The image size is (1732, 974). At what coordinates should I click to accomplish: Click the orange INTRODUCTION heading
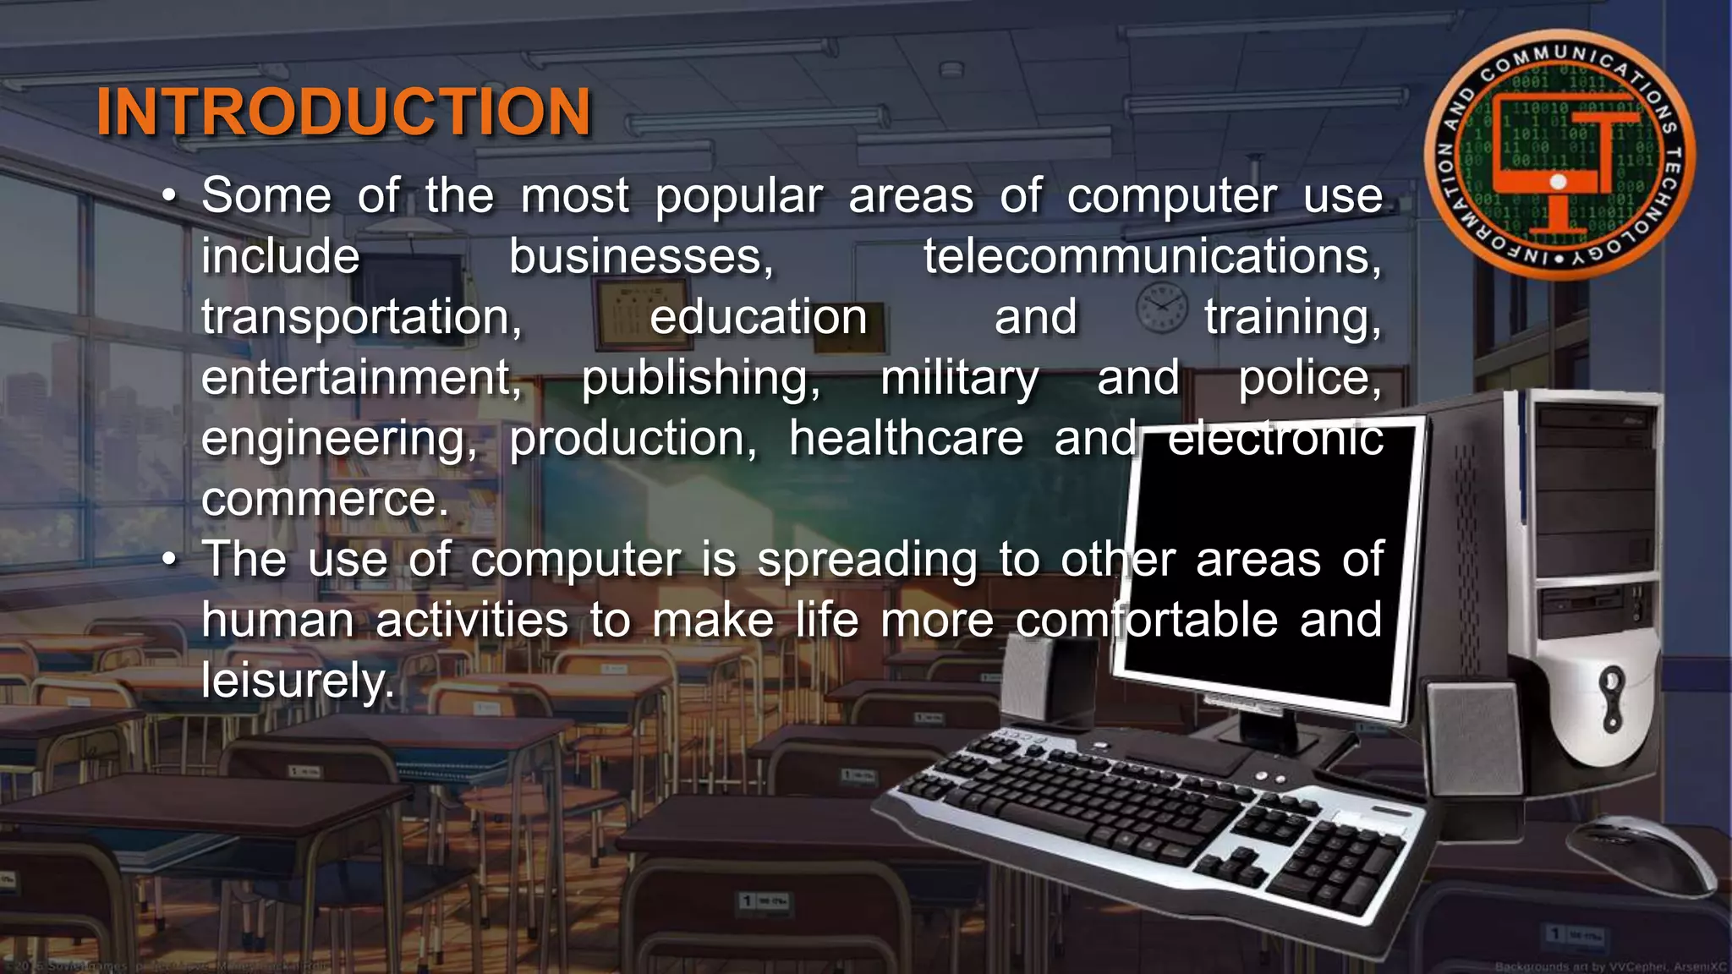click(343, 112)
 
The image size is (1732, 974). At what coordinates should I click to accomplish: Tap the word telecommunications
click(1152, 256)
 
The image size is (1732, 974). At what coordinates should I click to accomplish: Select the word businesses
click(641, 256)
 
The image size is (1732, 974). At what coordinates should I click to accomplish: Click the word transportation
click(361, 318)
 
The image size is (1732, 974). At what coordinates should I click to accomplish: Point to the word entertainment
click(361, 378)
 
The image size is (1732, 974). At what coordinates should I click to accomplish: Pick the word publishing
click(700, 378)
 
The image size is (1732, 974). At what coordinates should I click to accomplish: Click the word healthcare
click(906, 439)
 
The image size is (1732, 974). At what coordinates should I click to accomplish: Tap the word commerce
click(324, 499)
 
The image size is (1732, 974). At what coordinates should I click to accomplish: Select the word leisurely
click(297, 680)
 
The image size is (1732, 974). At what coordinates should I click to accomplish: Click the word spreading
click(867, 560)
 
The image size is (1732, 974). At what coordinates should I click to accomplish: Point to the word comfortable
click(1146, 620)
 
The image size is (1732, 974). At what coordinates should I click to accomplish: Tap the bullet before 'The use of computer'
click(170, 561)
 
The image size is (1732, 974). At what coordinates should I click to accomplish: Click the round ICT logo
click(1559, 156)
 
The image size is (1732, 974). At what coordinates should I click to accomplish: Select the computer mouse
click(1641, 854)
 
